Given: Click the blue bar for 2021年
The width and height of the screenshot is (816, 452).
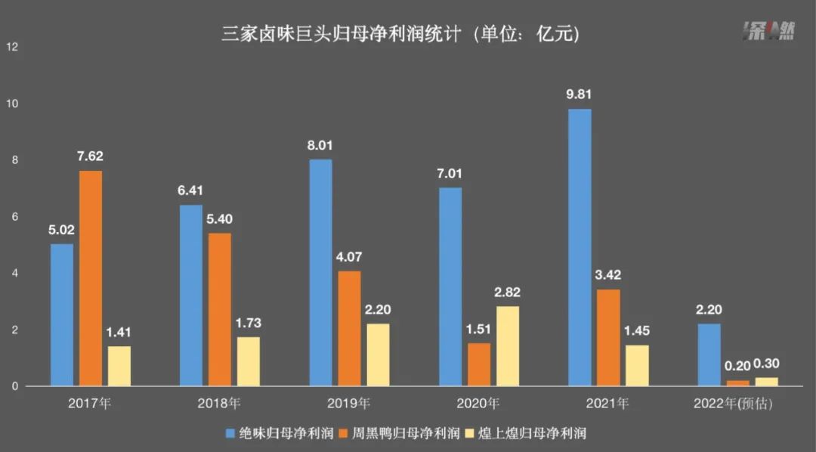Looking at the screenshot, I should point(580,248).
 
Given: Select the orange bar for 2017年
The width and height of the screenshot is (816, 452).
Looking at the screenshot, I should point(91,279).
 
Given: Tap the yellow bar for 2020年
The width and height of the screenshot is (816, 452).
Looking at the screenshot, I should point(508,346).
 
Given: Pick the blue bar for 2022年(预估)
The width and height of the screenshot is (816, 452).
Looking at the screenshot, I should point(709,355).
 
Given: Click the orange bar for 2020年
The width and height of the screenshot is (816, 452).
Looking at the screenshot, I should point(479,365).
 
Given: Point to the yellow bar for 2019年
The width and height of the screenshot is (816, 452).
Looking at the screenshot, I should point(379,355).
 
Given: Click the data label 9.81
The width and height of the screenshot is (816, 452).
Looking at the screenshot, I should point(580,95).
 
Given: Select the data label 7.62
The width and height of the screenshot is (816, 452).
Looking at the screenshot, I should point(91,157).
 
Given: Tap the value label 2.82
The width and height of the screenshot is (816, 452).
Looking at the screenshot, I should point(508,293).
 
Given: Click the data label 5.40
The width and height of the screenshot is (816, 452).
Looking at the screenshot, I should point(220,219).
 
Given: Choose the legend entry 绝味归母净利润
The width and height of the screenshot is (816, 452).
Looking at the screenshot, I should point(280,433).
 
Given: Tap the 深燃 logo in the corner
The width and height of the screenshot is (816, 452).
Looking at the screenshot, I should point(767,32).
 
